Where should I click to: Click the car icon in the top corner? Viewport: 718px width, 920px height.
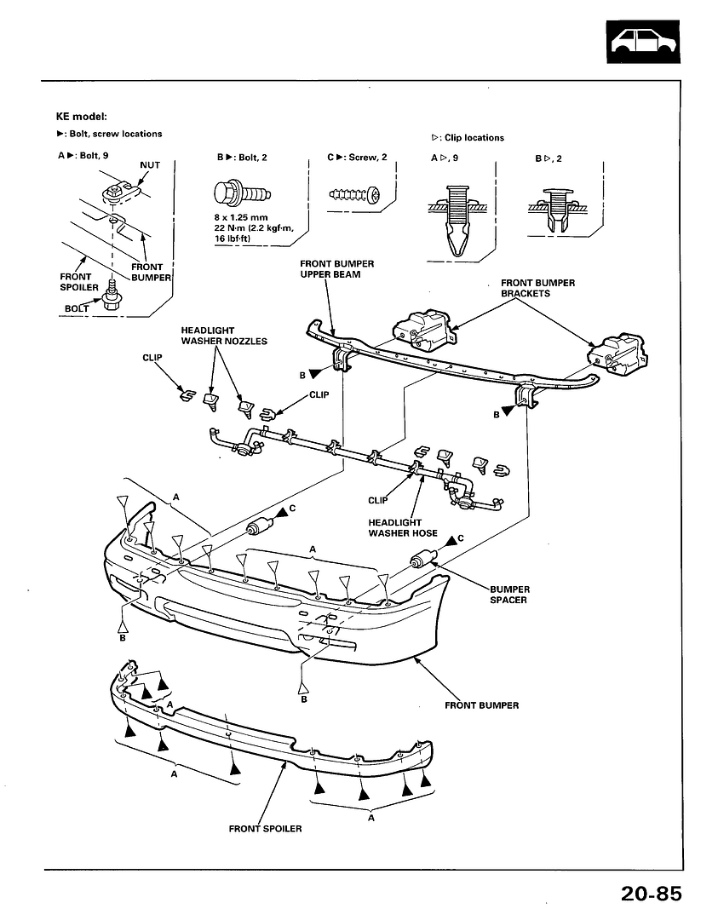tap(644, 42)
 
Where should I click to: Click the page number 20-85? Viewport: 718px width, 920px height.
tap(651, 894)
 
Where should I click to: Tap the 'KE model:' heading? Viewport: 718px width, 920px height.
tap(82, 116)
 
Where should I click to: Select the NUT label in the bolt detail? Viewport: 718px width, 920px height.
tap(150, 165)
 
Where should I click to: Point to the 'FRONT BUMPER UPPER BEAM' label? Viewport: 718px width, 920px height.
tap(336, 269)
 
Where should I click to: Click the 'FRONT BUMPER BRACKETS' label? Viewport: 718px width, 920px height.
tap(538, 288)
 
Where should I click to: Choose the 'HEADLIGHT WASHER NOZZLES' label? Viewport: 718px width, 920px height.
tap(224, 336)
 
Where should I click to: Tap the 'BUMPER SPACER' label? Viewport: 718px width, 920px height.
tap(510, 595)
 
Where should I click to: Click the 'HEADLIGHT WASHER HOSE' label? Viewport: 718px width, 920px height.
tap(403, 527)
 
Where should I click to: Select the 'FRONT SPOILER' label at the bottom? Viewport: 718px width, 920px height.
tap(265, 829)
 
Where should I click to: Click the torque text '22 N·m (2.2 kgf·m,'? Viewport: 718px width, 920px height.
tap(254, 227)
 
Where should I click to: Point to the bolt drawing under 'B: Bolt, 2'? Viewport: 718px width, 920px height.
tap(242, 193)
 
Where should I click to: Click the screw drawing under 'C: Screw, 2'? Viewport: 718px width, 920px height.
tap(355, 194)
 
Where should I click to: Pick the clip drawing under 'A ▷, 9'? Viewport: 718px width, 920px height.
tap(457, 221)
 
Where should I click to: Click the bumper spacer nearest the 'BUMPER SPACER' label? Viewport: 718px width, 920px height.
tap(423, 559)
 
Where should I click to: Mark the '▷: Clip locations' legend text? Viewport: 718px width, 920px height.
tap(468, 138)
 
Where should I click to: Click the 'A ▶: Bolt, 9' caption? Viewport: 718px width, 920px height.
tap(83, 156)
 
